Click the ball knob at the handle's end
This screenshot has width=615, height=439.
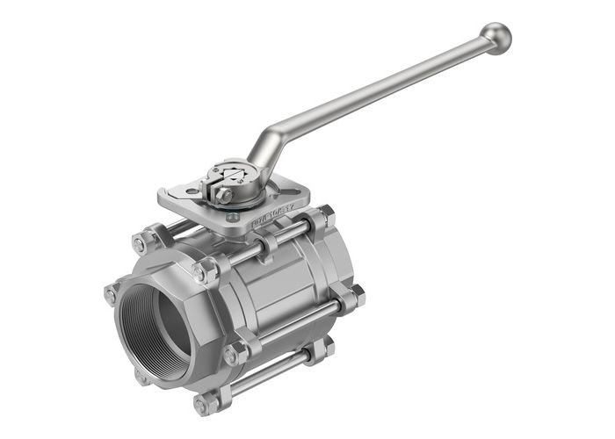pos(496,39)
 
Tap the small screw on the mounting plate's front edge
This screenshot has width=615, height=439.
pos(232,217)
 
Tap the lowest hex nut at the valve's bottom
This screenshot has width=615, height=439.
pos(205,405)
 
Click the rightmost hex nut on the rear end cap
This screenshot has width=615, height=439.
pos(357,296)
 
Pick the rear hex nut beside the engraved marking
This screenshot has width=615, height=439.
pos(325,215)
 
